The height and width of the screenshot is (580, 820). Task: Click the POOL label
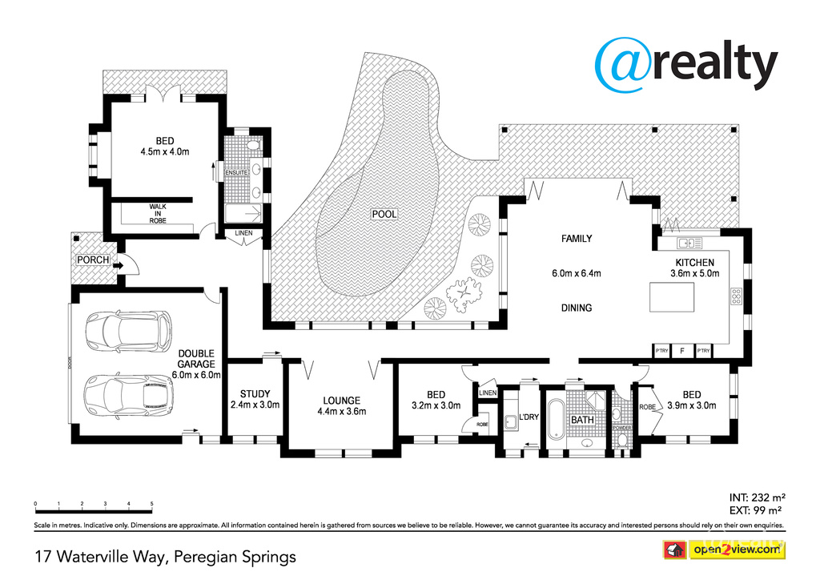click(384, 214)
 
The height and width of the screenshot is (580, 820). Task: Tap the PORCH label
click(92, 260)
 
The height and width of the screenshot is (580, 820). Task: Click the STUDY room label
click(255, 393)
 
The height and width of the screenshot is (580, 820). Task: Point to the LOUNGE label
click(341, 401)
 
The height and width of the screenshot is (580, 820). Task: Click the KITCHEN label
click(694, 262)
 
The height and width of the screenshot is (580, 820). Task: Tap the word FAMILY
click(576, 239)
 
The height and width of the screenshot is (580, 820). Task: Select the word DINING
click(576, 308)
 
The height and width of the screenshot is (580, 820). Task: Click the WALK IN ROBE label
click(157, 213)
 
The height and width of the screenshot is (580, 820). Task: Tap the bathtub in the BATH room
click(555, 417)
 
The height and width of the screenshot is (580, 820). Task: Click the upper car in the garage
click(129, 330)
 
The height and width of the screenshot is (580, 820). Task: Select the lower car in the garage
click(129, 395)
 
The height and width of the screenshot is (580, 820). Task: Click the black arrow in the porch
click(118, 265)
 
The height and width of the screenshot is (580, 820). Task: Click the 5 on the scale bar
click(151, 504)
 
